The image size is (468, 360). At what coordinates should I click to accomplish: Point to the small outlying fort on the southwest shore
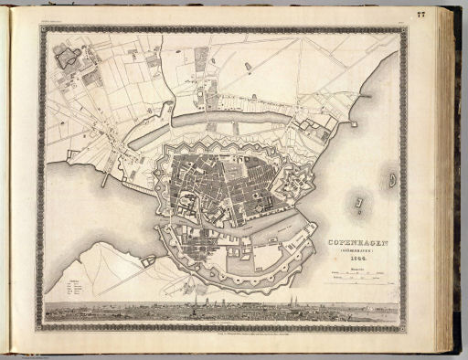coord(147,262)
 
